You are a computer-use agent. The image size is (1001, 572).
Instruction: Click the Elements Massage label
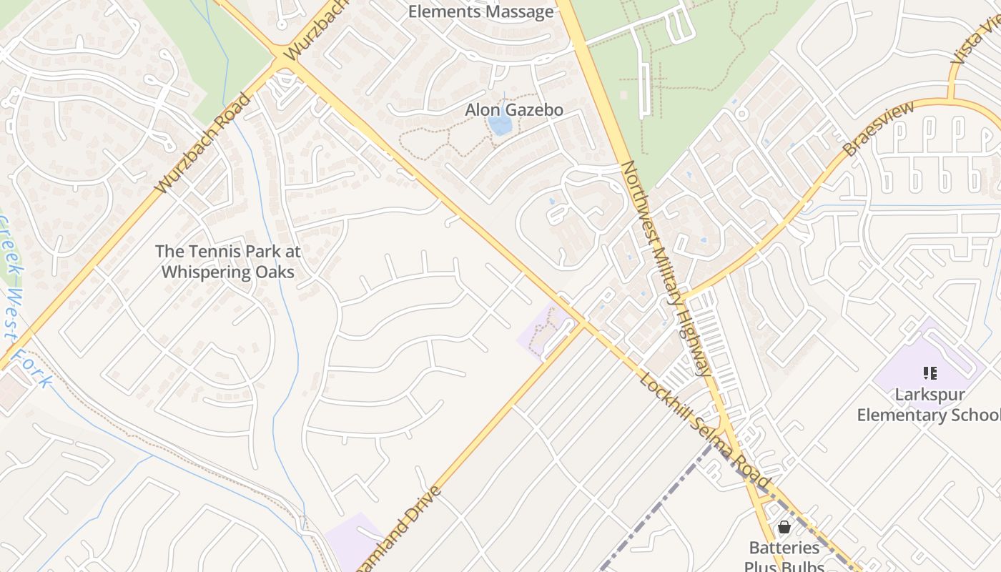point(480,11)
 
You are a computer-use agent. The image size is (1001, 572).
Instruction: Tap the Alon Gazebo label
point(514,110)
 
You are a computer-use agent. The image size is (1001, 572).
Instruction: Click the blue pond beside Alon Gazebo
point(500,125)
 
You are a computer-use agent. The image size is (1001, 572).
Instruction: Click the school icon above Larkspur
point(929,373)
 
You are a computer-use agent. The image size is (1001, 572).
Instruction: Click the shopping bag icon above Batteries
point(784,527)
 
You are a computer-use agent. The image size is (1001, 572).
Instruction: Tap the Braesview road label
point(879,129)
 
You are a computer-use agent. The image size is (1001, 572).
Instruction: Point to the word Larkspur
point(929,395)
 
